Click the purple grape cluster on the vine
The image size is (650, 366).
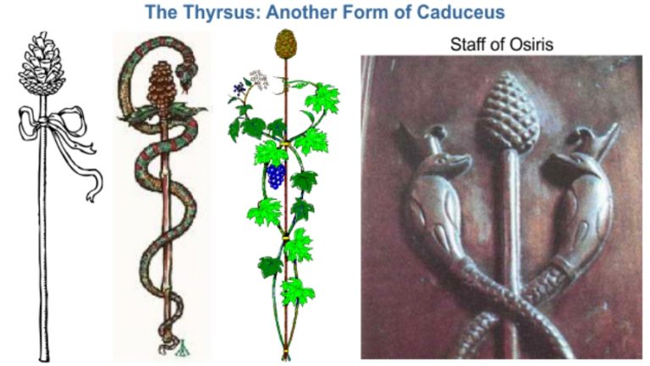[x=276, y=176]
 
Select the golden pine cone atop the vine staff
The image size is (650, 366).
[x=284, y=42]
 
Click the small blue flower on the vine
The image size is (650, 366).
[x=239, y=87]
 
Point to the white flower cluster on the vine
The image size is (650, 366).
[x=259, y=79]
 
